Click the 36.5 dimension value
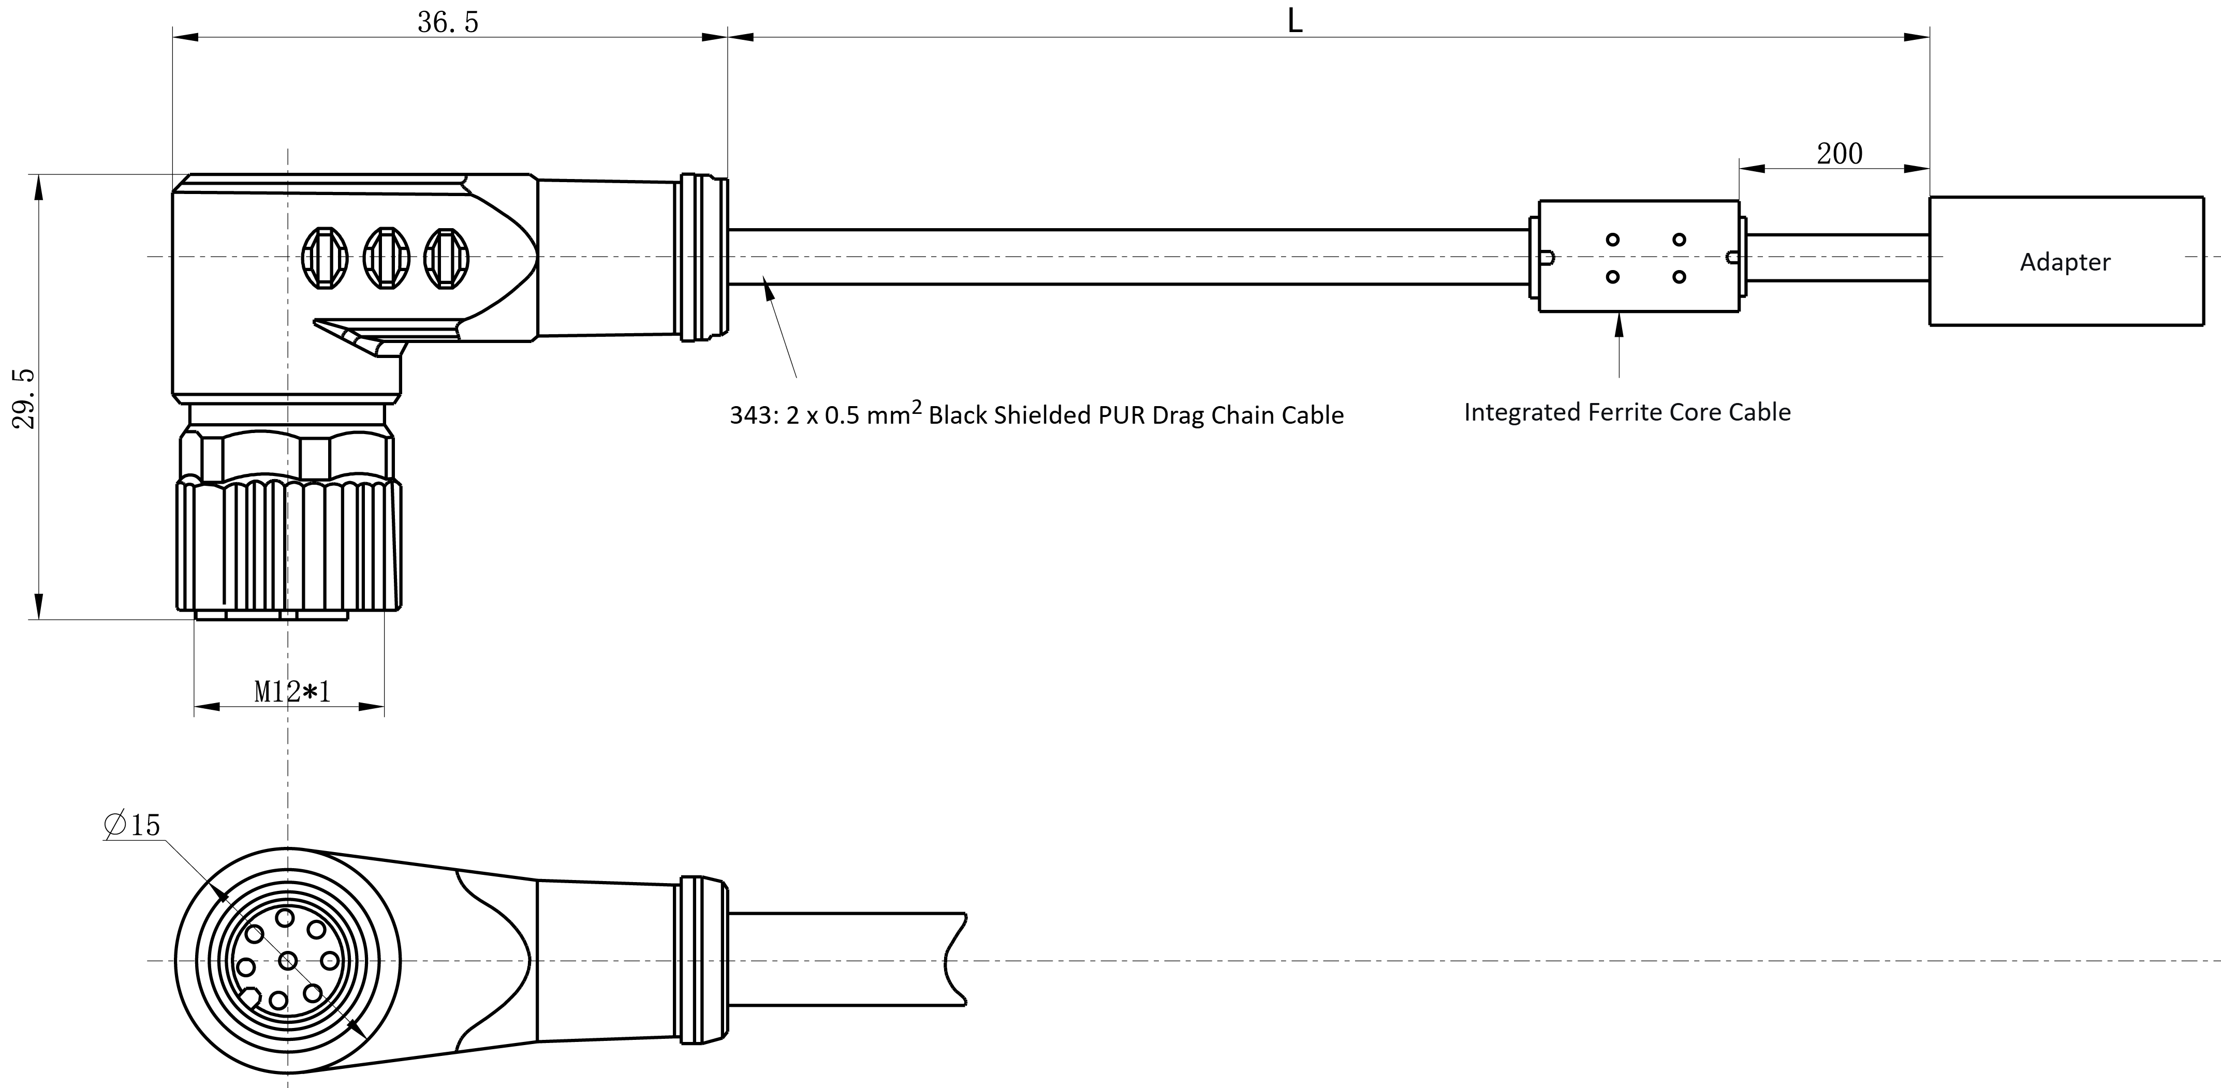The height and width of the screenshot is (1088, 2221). tap(448, 22)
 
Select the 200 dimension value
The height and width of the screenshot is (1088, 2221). tap(1839, 154)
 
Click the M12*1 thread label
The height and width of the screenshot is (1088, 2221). tap(292, 691)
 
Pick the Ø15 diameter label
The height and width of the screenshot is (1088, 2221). tap(132, 825)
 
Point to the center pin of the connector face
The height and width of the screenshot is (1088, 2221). tap(288, 960)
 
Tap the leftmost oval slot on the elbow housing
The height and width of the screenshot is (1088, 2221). tap(324, 258)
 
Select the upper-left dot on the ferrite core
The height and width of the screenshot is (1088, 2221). tap(1612, 240)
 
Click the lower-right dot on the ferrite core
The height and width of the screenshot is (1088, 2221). tap(1679, 277)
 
